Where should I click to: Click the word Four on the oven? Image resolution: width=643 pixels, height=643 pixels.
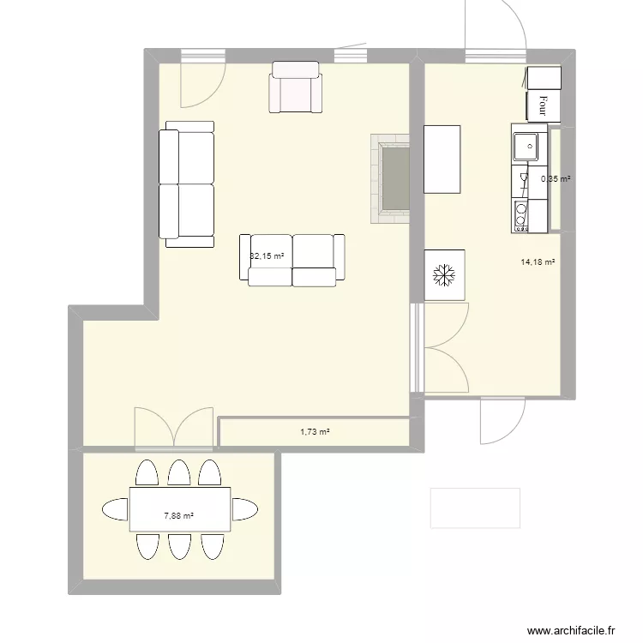tap(543, 105)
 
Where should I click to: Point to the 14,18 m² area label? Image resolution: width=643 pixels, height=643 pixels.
tap(537, 263)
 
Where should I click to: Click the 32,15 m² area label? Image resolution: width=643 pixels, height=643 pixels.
tap(267, 255)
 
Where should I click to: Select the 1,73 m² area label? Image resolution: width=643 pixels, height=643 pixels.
tap(315, 432)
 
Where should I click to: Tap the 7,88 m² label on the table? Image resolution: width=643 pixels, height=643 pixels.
tap(178, 516)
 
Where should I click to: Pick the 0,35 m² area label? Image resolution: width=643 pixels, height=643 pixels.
tap(555, 179)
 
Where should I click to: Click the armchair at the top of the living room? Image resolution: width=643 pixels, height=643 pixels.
tap(297, 87)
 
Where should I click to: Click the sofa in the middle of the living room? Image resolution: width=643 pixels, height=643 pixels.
tap(291, 259)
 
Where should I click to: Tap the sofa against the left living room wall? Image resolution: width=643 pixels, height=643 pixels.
tap(186, 183)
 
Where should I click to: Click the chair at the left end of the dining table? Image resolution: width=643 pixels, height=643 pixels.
tap(115, 509)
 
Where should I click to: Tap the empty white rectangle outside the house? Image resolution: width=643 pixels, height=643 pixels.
tap(475, 508)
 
